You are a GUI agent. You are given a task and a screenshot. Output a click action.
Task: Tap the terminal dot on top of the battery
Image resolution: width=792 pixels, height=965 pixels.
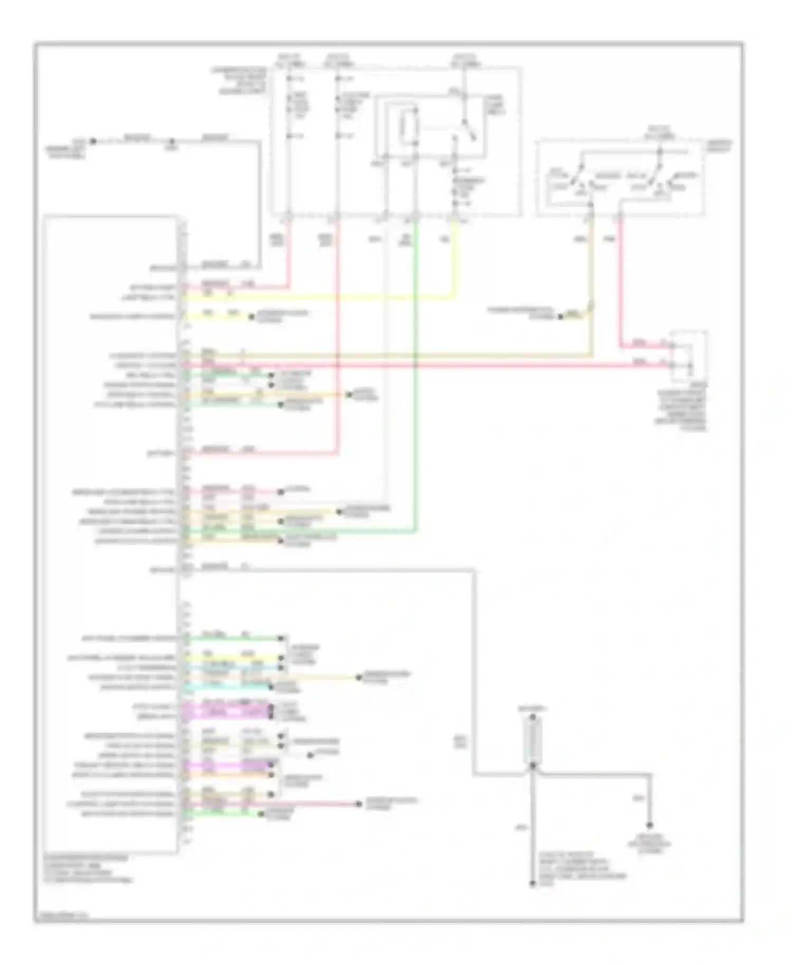click(x=533, y=718)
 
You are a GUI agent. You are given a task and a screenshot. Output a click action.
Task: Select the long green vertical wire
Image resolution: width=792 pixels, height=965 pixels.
click(x=417, y=370)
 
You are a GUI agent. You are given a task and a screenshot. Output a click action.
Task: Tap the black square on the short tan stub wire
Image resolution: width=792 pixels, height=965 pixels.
click(x=560, y=317)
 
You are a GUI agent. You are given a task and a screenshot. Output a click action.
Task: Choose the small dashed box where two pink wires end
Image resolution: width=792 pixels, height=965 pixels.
click(x=689, y=357)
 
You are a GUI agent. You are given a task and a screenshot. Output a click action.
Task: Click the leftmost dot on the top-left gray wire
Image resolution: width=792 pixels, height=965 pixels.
click(x=93, y=141)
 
